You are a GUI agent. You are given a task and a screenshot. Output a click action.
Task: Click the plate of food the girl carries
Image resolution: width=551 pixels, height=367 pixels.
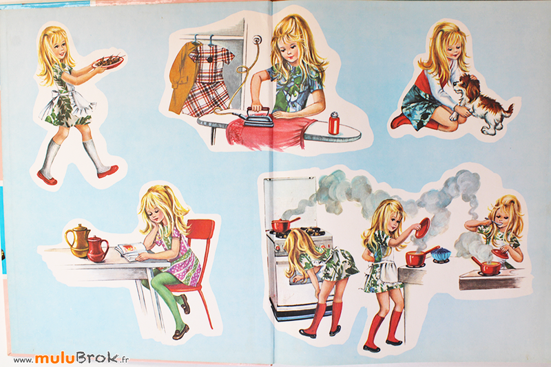coord(108,61)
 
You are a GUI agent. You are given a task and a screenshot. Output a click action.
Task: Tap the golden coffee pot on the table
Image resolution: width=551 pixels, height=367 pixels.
coord(78,241)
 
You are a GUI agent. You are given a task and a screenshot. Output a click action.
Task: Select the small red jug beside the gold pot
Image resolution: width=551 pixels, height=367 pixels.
coord(96,249)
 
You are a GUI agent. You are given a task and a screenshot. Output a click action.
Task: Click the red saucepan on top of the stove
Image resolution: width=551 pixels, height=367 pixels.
coord(283,225)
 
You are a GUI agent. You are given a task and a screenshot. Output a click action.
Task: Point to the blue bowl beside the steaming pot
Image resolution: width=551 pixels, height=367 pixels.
coord(441,254)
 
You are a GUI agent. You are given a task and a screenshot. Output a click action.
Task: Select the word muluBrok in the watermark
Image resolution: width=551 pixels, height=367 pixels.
coord(77,358)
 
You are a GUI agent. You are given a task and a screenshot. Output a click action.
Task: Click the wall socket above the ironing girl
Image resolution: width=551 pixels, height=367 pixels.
coord(258,39)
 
